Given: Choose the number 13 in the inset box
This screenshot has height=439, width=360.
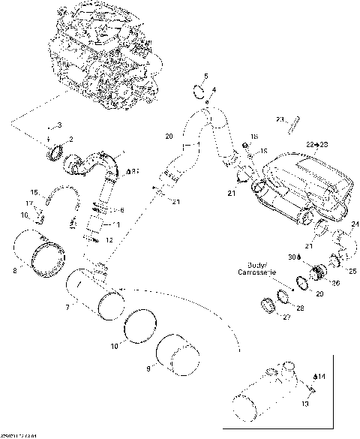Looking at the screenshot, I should pos(304,404).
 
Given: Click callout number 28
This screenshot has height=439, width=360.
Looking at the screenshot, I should pos(301,307).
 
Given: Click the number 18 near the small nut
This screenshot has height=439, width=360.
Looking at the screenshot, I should pos(254,137).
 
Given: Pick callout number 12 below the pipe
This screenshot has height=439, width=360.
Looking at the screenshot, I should pos(109,239).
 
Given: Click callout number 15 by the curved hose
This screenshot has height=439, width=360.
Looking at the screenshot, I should pos(33,193).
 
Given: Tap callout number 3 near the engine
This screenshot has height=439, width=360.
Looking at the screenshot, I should pos(60,124).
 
